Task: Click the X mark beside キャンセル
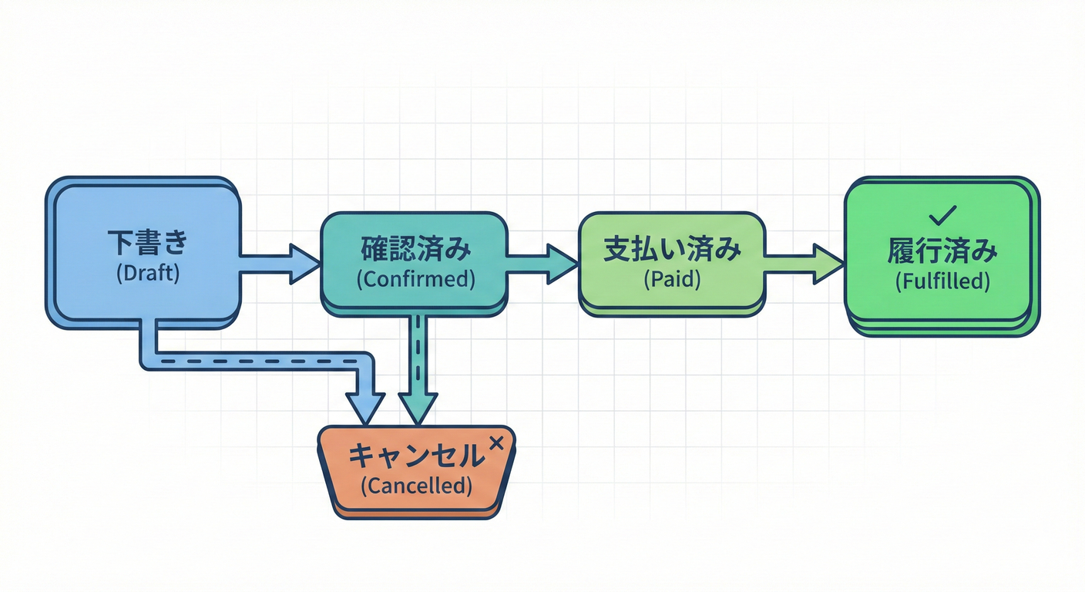[x=497, y=442]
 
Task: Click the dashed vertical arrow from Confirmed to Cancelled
[x=417, y=362]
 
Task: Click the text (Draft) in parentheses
[x=148, y=274]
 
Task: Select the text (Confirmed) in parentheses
[x=415, y=280]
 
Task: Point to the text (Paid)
[x=671, y=280]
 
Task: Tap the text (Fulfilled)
[x=942, y=281]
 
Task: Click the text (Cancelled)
[x=415, y=486]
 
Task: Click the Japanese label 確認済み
[x=415, y=251]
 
